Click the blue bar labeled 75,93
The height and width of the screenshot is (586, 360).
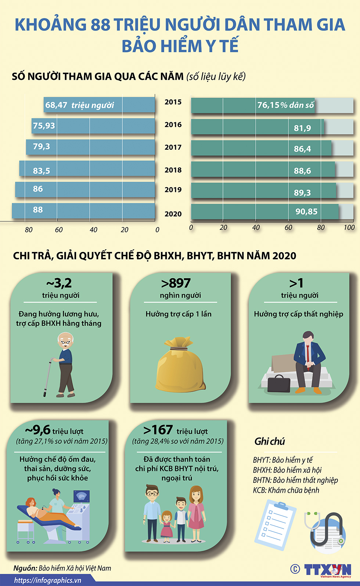pos(94,126)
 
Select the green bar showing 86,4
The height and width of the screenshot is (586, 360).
pos(261,148)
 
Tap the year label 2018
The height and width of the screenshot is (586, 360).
pos(173,170)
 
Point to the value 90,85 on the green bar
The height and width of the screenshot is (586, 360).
pos(306,211)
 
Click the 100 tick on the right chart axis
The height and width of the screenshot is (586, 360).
pos(349,228)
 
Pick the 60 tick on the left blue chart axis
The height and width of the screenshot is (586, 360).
pos(59,230)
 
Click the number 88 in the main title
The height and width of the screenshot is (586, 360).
pos(100,25)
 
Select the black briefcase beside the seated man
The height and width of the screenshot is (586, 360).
pos(279,383)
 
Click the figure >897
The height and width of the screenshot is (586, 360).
pos(176,283)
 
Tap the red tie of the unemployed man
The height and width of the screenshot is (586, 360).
pos(307,353)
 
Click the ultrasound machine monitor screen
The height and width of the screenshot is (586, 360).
pos(81,496)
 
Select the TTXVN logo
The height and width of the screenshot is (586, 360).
pos(327,569)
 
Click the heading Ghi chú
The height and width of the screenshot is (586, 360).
pos(270,441)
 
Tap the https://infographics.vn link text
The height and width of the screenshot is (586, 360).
pos(48,580)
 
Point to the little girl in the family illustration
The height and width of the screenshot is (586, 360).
pos(166,525)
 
